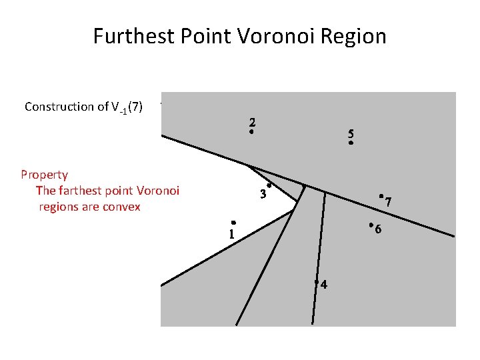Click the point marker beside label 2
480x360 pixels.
[251, 133]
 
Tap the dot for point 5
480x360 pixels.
[350, 143]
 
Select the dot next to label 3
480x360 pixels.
[269, 185]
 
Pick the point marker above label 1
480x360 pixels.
[233, 223]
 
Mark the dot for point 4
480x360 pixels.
[317, 282]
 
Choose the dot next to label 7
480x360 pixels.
[380, 196]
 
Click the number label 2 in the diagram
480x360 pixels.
[253, 122]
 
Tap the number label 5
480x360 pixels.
[351, 133]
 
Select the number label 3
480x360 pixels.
[263, 195]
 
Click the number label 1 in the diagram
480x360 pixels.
[231, 234]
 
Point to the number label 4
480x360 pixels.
[324, 285]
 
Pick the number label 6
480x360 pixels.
[378, 230]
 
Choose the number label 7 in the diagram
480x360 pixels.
[388, 201]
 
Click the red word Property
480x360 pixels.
[44, 175]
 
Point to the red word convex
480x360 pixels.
[121, 207]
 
